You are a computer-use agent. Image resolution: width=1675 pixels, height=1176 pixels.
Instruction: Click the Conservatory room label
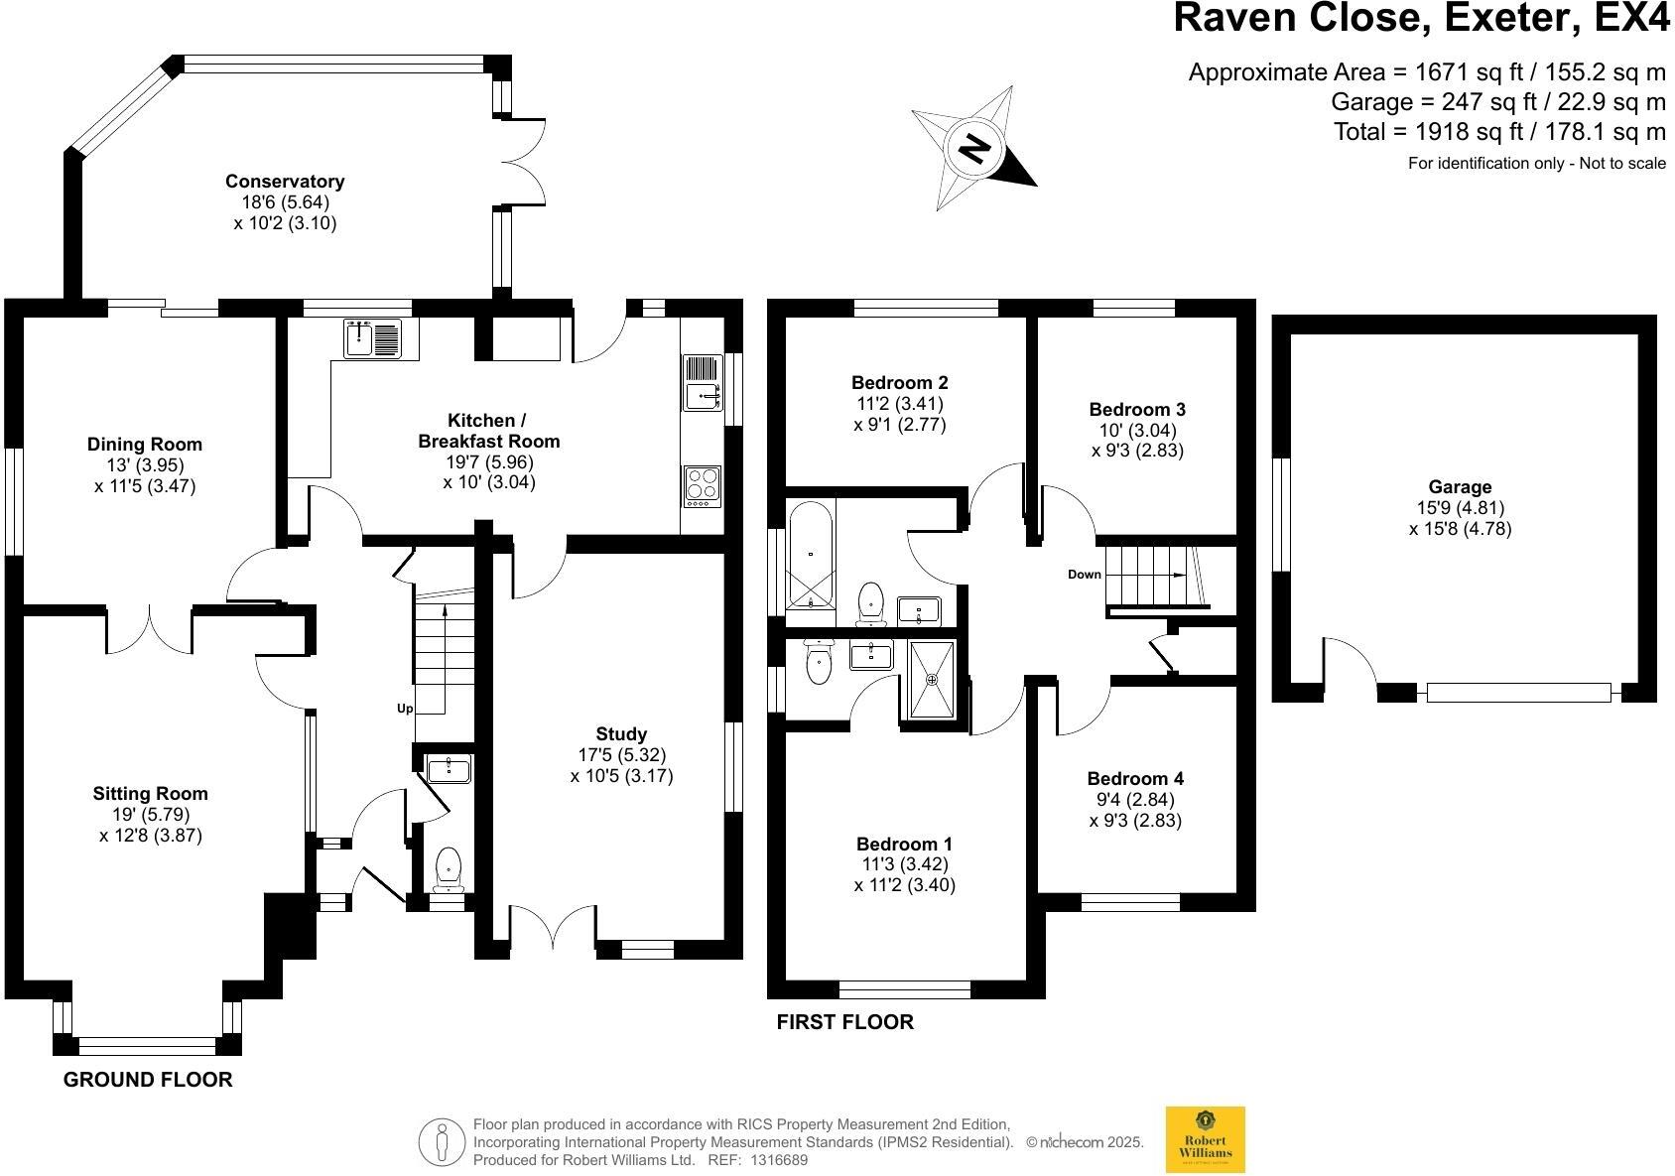click(285, 182)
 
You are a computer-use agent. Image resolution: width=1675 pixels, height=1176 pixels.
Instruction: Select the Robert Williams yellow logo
click(1205, 1139)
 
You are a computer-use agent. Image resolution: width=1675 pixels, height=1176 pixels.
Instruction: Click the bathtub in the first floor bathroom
click(811, 556)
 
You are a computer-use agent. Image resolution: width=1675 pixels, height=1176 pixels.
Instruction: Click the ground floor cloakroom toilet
click(449, 866)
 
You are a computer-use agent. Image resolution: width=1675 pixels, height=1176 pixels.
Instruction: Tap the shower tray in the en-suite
click(932, 679)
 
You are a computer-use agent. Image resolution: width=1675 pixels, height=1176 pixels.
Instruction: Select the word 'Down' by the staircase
click(1085, 575)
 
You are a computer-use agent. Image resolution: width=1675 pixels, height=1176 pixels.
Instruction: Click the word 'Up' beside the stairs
click(405, 709)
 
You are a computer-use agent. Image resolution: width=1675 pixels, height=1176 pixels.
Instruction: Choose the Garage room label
click(1460, 487)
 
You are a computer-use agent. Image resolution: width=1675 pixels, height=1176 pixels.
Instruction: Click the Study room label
click(622, 734)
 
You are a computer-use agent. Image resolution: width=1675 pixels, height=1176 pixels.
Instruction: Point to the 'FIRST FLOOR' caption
click(844, 1022)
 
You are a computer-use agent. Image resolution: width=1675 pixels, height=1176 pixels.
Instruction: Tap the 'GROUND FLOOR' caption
click(148, 1080)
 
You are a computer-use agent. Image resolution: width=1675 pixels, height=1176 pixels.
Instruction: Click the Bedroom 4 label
click(1135, 779)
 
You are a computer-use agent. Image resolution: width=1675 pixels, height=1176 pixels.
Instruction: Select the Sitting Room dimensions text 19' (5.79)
click(151, 814)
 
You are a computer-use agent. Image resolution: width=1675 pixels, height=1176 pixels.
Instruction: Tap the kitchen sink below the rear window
click(372, 337)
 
